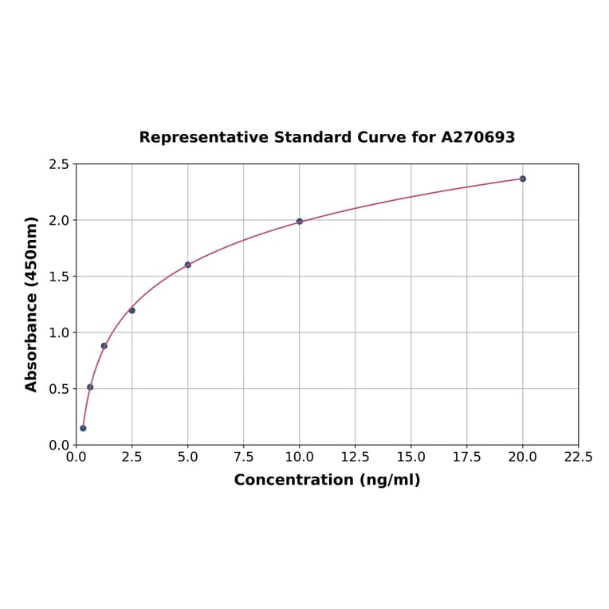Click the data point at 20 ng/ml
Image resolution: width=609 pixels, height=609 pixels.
pos(523,179)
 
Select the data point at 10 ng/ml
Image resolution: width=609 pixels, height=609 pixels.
pos(300,222)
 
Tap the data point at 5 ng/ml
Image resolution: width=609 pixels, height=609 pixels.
pos(188,265)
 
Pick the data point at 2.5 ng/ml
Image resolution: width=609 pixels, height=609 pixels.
pos(132,310)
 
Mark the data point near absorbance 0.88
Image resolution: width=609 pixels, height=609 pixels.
pos(104,346)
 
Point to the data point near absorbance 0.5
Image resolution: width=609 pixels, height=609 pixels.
pos(90,387)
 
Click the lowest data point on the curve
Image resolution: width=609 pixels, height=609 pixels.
pos(83,428)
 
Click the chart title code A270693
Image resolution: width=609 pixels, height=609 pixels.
pos(478,137)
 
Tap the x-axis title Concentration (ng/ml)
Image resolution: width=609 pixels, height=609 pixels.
pos(327,480)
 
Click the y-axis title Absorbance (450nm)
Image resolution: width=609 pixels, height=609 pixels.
pos(32,304)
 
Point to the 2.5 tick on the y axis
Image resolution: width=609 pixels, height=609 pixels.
pos(59,164)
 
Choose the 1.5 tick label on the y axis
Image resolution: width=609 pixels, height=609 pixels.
pos(59,277)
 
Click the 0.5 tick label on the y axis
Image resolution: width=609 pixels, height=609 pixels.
pos(59,389)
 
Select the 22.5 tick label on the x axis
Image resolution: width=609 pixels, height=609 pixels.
pos(578,458)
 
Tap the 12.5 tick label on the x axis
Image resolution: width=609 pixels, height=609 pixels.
pos(355,458)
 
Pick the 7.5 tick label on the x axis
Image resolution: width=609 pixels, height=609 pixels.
pos(243,458)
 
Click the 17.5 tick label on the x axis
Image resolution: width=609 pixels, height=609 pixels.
pos(466,458)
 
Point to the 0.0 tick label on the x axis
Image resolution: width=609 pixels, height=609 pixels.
pos(76,458)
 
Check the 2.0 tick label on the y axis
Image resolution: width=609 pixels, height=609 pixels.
pos(59,220)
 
